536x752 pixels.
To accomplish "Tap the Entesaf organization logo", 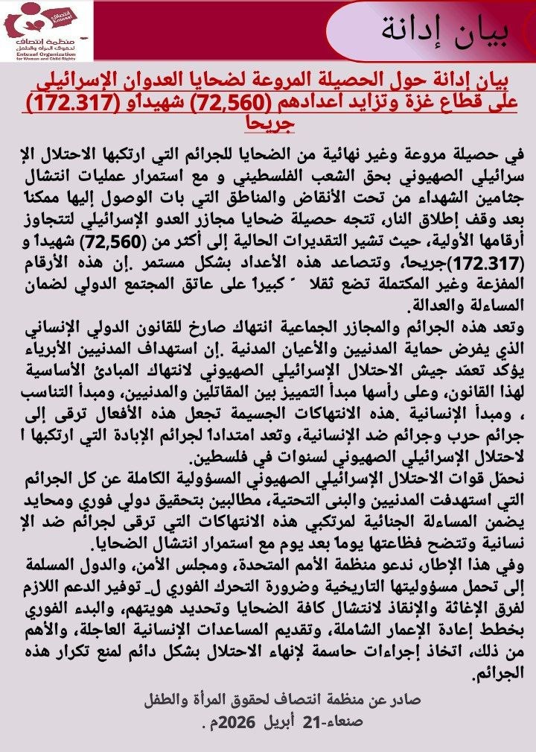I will (46, 31).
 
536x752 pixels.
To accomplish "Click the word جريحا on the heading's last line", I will (273, 122).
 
